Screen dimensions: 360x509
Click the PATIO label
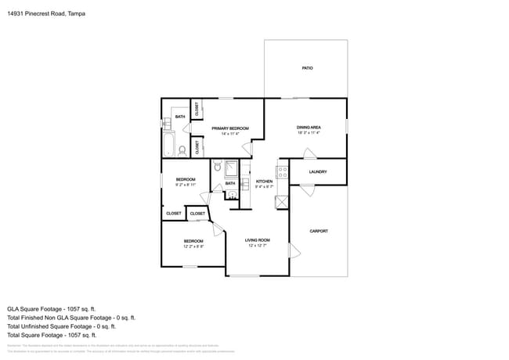[308, 69]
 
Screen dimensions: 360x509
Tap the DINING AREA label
[309, 128]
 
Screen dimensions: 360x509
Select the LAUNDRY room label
[318, 172]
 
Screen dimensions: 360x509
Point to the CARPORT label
[319, 231]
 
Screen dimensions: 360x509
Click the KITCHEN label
[264, 182]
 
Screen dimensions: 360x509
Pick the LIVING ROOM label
[257, 240]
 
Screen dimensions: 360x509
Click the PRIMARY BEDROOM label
[230, 128]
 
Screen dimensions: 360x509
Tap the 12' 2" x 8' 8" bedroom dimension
[193, 246]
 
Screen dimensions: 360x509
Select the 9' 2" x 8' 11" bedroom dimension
[186, 185]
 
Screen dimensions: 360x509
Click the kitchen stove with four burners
[282, 171]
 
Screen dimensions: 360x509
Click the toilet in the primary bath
[182, 149]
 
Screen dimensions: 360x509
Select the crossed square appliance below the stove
[282, 201]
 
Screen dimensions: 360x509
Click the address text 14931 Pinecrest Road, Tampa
[46, 13]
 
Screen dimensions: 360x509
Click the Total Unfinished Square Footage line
[70, 326]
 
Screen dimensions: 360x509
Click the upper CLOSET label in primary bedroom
[197, 110]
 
